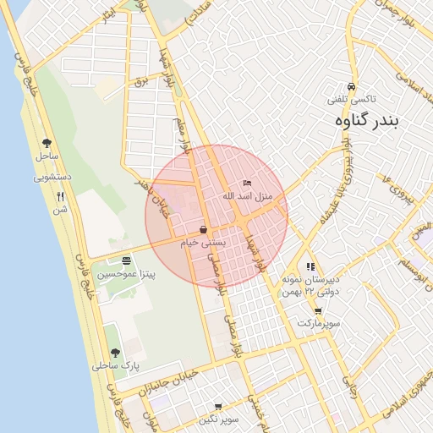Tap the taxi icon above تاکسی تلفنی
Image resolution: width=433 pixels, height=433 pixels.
point(351,87)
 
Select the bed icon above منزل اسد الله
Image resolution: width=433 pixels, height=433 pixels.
point(247,183)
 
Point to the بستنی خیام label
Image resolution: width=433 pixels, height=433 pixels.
point(203,243)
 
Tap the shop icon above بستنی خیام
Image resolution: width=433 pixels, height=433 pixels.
point(204,230)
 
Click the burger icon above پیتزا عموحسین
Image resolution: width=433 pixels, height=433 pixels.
point(126,260)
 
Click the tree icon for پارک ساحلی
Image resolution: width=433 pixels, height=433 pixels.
point(115,353)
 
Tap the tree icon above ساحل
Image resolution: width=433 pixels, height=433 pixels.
point(47,143)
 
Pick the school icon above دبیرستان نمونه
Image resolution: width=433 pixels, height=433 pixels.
point(311,266)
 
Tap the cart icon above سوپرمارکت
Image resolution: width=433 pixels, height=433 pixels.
point(317,311)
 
